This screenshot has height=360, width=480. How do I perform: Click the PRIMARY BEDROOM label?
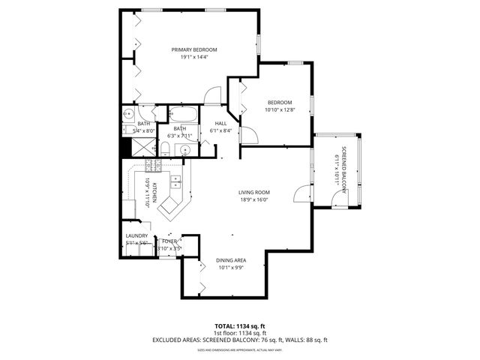coord(189,49)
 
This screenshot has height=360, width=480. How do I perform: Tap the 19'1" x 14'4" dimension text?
coord(189,57)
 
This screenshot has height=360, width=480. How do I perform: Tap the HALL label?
coord(221,124)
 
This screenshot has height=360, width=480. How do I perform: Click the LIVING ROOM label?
coord(254,193)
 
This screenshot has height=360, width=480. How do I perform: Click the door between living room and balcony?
coord(300,193)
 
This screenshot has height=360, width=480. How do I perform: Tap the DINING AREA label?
coord(232,260)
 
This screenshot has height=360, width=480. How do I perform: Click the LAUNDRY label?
coord(136,236)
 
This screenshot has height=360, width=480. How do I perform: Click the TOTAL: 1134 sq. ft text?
coord(239,326)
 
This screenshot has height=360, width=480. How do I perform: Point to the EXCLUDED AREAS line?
coord(239,340)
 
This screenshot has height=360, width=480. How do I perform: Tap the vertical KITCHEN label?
coord(154,193)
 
